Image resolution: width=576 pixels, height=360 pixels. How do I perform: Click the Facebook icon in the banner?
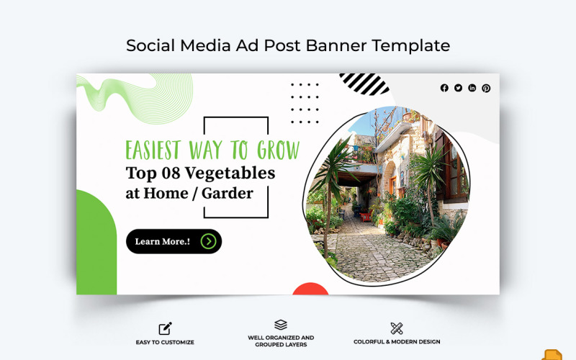pos(444,88)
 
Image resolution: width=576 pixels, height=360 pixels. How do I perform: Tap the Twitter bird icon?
pos(458,88)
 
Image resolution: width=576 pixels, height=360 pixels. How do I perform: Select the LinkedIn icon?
pos(472,88)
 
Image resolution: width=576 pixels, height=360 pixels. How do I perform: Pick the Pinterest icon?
pos(486,88)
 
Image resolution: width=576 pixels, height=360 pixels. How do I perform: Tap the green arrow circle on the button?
pos(209,241)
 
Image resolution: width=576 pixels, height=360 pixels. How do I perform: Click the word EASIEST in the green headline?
pos(153,150)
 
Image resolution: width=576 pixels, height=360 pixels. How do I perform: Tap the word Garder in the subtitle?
pos(228,193)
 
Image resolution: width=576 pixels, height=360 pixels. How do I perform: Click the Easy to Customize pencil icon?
pos(166,328)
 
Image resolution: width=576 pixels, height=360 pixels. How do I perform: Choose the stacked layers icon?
pos(281,325)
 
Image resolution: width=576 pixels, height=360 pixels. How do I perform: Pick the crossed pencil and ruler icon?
pos(396,328)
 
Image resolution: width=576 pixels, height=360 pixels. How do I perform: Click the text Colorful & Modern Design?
pos(397,342)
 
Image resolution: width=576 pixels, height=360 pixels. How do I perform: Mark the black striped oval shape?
pos(364,84)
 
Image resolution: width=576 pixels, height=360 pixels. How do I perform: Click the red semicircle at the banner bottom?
pos(311,289)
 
